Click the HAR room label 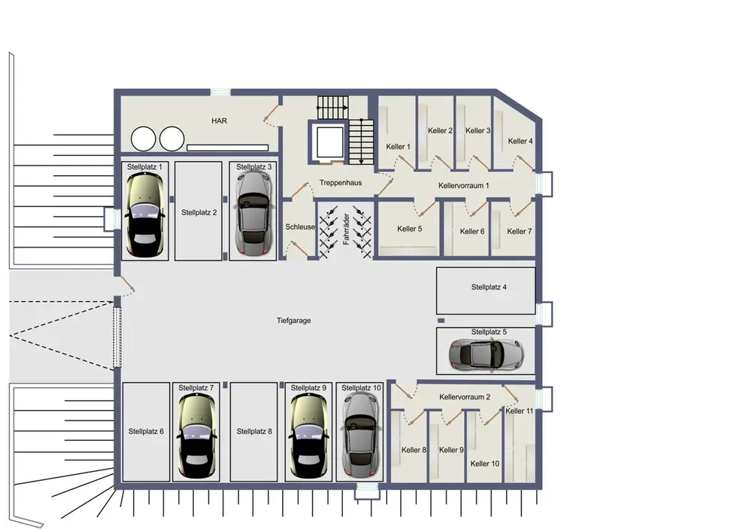pos(219,121)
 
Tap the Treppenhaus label pos(341,183)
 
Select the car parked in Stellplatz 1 pos(144,214)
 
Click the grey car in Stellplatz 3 pos(253,213)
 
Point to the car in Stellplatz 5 pos(486,354)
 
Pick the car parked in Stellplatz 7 pos(196,436)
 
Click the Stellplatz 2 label pos(199,212)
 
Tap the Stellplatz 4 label pos(489,287)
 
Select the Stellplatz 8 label pos(254,431)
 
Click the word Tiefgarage pos(293,321)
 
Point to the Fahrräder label pos(346,230)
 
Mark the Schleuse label pos(300,227)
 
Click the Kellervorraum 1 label pos(464,186)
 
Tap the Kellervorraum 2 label pos(465,397)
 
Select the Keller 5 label pos(410,229)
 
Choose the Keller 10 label pos(485,464)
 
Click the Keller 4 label pos(520,141)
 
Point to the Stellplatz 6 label pos(146,431)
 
